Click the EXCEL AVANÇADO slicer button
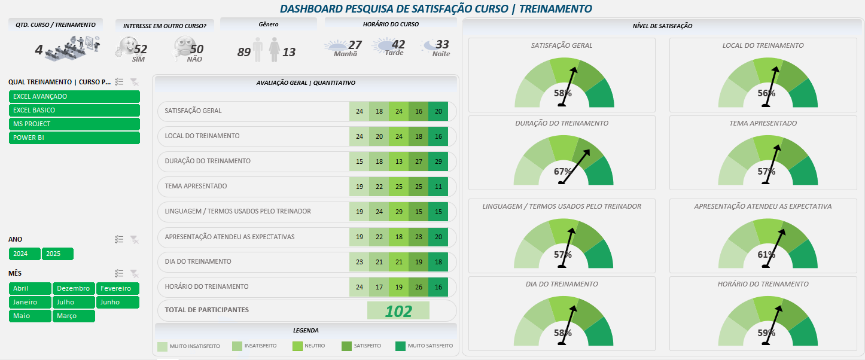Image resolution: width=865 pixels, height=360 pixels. tap(74, 97)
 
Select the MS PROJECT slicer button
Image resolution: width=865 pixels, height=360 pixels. tap(74, 124)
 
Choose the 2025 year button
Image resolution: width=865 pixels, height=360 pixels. tap(57, 254)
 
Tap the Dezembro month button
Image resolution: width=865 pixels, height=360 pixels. tap(74, 288)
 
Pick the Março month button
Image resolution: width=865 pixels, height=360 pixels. tap(74, 316)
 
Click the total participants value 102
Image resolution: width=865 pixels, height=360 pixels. tap(398, 311)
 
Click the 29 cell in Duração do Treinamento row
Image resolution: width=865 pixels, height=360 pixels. tap(438, 161)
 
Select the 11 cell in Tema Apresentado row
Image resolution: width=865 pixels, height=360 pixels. tap(438, 187)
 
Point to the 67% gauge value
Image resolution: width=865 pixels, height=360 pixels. tap(563, 171)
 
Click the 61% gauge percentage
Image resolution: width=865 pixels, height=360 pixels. tap(766, 255)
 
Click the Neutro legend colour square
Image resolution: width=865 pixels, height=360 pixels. tap(297, 346)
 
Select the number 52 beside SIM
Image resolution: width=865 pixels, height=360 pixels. tap(141, 49)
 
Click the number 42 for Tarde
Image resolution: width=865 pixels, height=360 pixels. tap(398, 44)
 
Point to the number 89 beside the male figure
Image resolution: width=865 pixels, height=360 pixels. tap(243, 52)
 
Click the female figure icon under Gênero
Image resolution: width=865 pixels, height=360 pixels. tap(275, 50)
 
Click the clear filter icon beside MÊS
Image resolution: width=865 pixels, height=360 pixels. tap(135, 273)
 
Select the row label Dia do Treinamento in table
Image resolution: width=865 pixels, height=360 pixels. tap(197, 262)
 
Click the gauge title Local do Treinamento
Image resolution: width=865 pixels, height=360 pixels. tap(763, 45)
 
